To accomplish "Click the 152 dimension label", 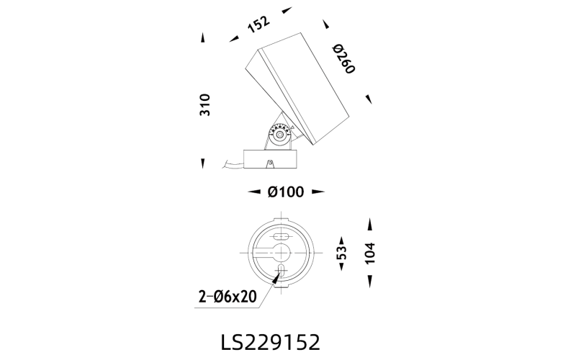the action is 258,24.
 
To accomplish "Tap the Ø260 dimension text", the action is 344,59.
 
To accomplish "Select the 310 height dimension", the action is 204,105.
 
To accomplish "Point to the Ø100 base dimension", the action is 286,192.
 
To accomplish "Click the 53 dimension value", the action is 341,253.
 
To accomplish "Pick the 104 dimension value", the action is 369,253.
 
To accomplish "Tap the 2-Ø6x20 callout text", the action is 228,297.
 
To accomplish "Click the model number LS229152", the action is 271,343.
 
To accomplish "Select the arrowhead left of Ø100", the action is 254,192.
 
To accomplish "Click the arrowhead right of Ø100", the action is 318,192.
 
